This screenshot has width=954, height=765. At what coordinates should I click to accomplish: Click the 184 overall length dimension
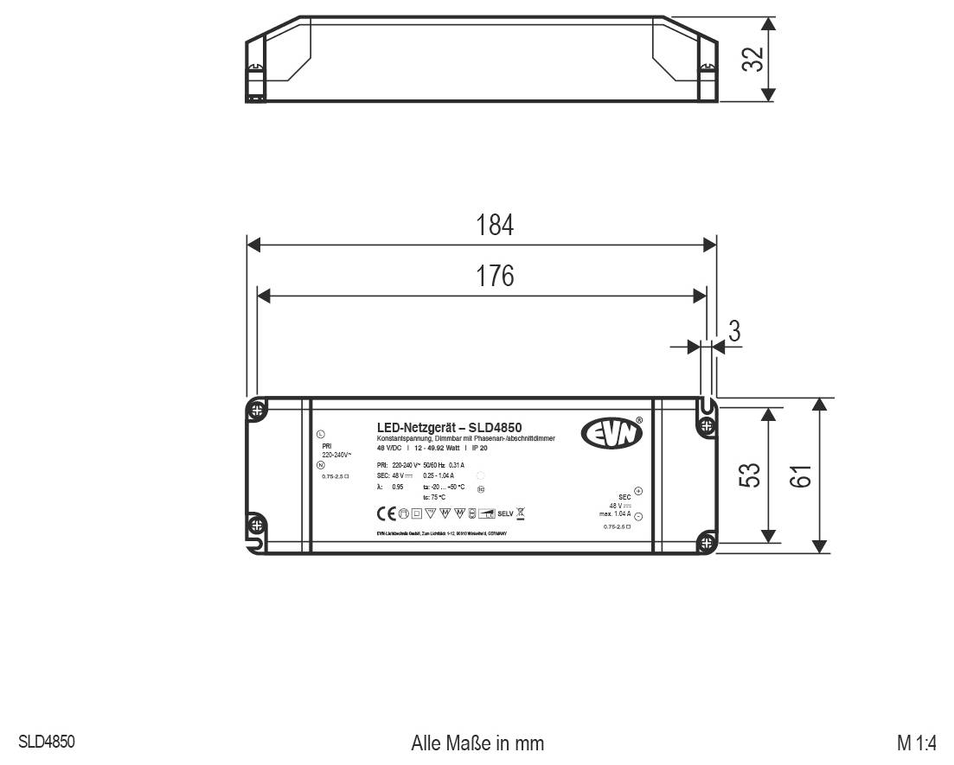pyautogui.click(x=495, y=226)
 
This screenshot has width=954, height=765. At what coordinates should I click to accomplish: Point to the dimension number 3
pyautogui.click(x=734, y=331)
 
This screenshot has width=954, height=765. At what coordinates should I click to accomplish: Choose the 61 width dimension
pyautogui.click(x=802, y=475)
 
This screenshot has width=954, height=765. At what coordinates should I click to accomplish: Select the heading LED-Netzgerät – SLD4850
pyautogui.click(x=449, y=426)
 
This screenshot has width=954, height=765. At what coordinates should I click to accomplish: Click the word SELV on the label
pyautogui.click(x=506, y=513)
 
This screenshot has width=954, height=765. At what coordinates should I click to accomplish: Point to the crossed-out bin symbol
pyautogui.click(x=521, y=513)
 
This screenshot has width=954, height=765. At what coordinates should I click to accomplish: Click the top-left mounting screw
pyautogui.click(x=257, y=411)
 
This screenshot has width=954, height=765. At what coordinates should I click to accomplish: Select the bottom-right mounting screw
pyautogui.click(x=707, y=543)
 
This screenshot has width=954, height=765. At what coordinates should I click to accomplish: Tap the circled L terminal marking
pyautogui.click(x=321, y=433)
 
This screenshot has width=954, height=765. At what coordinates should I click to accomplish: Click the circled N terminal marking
pyautogui.click(x=321, y=466)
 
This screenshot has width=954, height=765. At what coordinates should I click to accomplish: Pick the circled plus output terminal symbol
pyautogui.click(x=638, y=491)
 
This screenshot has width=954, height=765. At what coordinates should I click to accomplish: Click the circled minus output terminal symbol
pyautogui.click(x=638, y=516)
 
